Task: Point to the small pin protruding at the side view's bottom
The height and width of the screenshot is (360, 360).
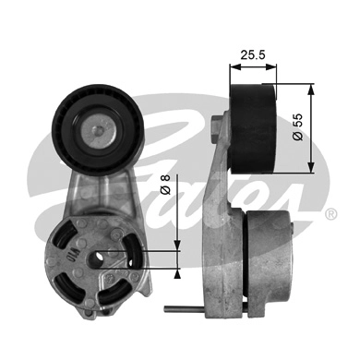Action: (178, 308)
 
